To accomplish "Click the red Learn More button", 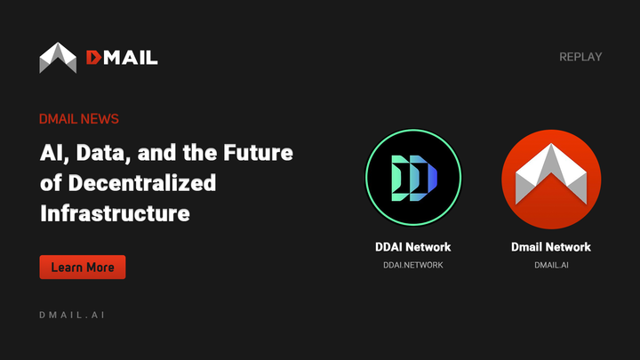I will point(83,267).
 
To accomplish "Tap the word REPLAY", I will point(580,57).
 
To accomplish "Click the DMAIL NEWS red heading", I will point(79,119).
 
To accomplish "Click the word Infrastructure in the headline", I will point(115,213).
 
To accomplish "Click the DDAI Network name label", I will point(413,247).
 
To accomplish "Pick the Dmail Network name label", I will point(551,247).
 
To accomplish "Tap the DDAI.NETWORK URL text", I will point(413,265).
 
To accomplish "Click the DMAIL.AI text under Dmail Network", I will point(551,265).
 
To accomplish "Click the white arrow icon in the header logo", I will point(58,58).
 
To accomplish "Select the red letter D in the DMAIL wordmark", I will point(94,58).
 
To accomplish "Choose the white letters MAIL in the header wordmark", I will point(132,58).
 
